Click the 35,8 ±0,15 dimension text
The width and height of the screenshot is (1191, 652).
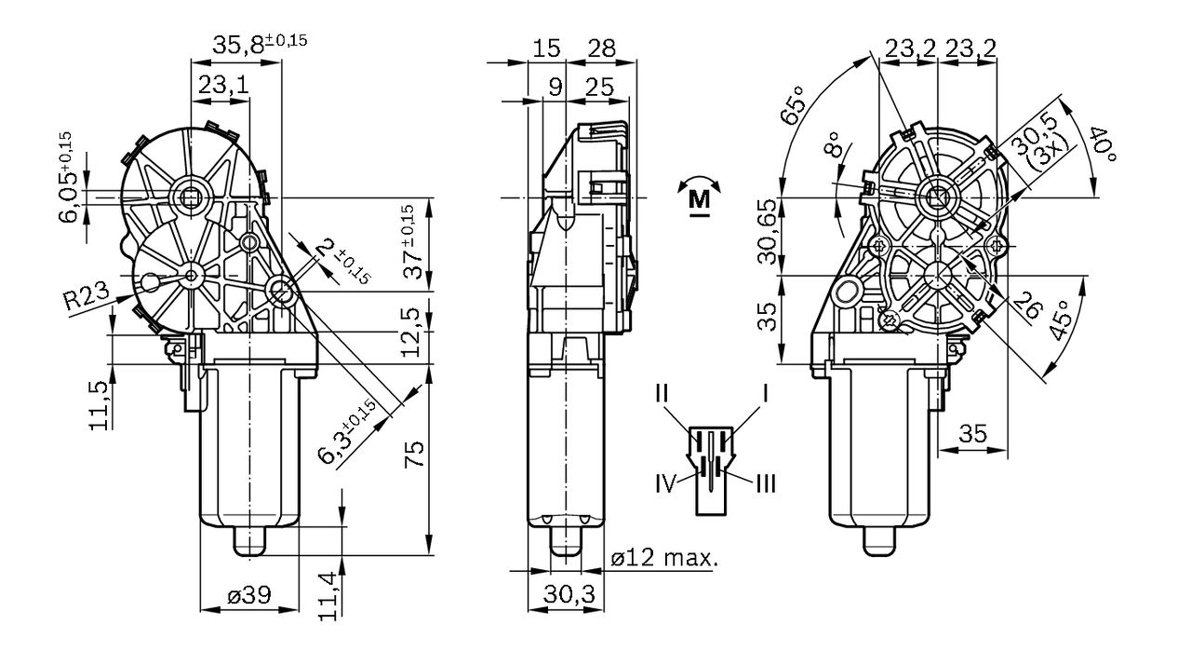[260, 44]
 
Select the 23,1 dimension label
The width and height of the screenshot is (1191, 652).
[224, 85]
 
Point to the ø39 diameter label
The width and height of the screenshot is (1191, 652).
[248, 594]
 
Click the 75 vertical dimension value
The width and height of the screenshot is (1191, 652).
[414, 454]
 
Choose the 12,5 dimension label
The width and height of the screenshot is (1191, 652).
[411, 333]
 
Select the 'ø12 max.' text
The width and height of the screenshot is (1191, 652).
[664, 558]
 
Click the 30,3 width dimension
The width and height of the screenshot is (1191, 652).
[569, 594]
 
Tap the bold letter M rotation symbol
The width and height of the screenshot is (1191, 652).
[699, 199]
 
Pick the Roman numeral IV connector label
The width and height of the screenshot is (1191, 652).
[665, 483]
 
